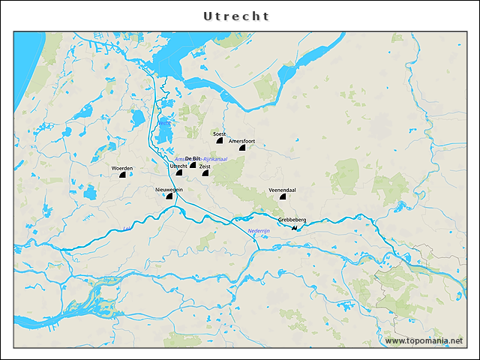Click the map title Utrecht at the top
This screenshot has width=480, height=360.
point(236,16)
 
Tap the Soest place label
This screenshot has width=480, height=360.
point(220,133)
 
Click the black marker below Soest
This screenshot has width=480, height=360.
point(219,140)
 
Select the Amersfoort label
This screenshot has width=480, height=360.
point(242,141)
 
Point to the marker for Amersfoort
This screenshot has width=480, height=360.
point(242,148)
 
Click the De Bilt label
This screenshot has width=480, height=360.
point(193,158)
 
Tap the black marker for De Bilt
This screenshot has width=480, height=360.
point(193,165)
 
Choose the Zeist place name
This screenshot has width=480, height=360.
point(205,166)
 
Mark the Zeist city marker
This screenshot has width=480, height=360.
point(205,173)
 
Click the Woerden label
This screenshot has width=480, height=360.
point(122,168)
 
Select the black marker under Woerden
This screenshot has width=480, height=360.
point(122,175)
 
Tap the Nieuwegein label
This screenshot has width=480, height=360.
point(169,190)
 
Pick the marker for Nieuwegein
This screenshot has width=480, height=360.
point(169,197)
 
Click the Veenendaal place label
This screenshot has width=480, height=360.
point(282,190)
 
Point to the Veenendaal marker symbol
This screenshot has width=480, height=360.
point(283,198)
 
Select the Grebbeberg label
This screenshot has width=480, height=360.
point(292,220)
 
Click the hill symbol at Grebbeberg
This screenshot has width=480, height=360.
point(295,226)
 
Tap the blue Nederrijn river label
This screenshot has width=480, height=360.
point(259,231)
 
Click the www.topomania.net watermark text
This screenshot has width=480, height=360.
point(424,340)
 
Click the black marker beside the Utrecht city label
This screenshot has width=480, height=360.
point(179,172)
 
